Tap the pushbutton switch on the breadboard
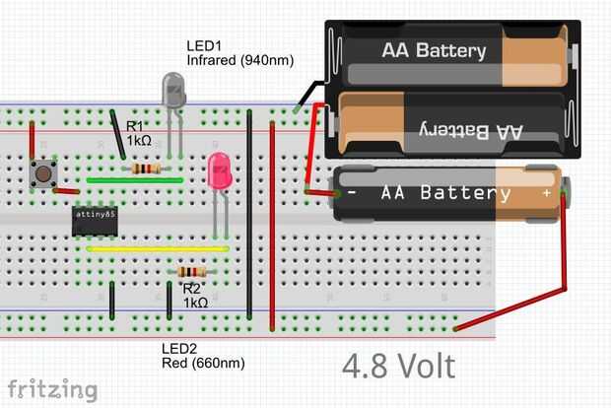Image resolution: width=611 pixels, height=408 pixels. (43, 173)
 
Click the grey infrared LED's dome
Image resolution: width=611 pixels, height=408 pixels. (173, 92)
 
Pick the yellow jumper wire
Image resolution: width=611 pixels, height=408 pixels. (158, 249)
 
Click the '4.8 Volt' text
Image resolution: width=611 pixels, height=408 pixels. (398, 367)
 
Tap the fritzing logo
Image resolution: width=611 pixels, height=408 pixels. (53, 390)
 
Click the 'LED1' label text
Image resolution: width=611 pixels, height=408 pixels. (205, 46)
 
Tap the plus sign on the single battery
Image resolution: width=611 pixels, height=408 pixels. (546, 193)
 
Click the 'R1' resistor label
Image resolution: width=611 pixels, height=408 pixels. (135, 126)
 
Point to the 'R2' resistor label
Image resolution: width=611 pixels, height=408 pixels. (192, 289)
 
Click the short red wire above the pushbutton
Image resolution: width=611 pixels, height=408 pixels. (33, 141)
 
